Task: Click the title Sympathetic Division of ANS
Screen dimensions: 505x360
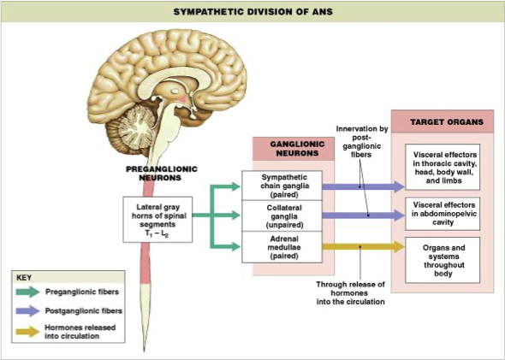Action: pos(253,12)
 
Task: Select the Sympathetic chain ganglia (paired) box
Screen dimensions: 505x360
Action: pos(282,186)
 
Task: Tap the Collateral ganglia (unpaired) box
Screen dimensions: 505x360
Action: pos(282,215)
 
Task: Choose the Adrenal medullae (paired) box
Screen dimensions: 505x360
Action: pos(282,247)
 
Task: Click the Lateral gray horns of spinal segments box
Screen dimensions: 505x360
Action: pos(157,220)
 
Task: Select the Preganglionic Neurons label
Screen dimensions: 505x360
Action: pos(162,173)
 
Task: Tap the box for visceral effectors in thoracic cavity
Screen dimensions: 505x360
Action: pos(443,168)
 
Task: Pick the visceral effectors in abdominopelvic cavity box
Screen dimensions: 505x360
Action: pos(443,214)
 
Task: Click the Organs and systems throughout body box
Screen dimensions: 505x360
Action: pos(443,260)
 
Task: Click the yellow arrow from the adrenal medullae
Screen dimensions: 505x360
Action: pos(363,247)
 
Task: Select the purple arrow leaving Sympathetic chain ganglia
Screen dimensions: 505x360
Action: pos(363,186)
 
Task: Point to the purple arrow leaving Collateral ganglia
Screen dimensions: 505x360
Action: pos(363,215)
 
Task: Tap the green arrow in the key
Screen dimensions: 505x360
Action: pos(28,292)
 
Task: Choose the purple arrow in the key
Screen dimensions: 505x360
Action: pos(28,310)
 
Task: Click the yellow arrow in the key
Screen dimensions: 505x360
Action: pos(28,332)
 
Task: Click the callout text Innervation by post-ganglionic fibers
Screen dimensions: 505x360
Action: pos(362,142)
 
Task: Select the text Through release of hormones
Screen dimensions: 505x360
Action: pos(350,288)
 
